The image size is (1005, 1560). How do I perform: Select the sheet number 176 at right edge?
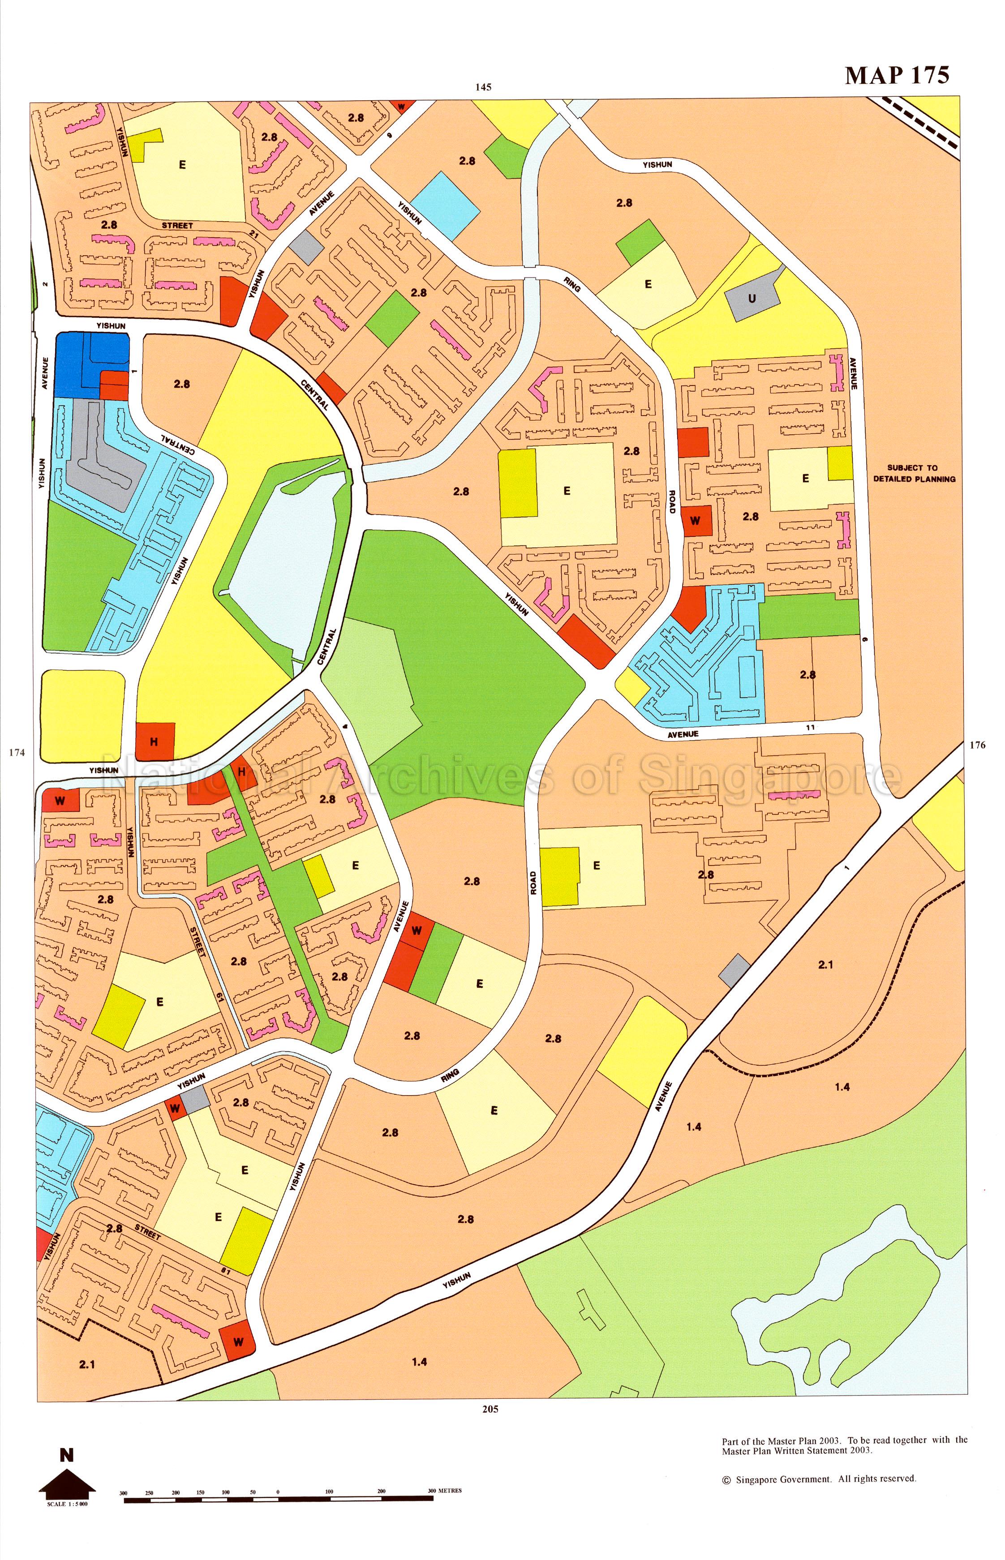[977, 745]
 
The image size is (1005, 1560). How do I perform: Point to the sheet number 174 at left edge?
[17, 752]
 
